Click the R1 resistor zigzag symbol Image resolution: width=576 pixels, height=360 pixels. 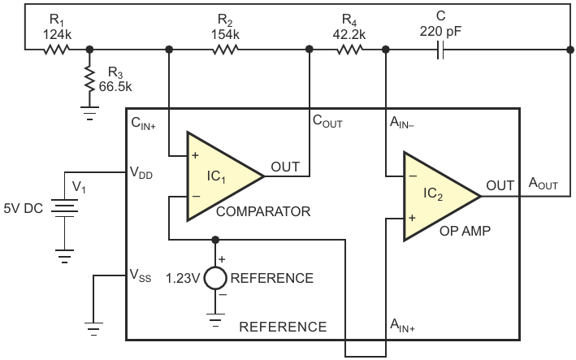(x=57, y=50)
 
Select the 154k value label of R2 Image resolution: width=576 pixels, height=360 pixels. (x=225, y=34)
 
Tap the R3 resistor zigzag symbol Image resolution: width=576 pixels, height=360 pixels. (x=89, y=79)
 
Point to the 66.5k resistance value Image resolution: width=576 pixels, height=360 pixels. (x=115, y=87)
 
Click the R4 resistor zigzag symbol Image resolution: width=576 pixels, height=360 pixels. (x=349, y=50)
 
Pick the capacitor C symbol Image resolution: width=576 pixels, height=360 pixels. (x=440, y=50)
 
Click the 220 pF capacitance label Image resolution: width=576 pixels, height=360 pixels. (x=440, y=32)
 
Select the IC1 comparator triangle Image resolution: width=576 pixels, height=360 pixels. (x=226, y=176)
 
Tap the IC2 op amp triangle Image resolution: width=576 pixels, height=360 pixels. (x=442, y=197)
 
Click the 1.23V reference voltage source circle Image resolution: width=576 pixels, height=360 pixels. (x=215, y=278)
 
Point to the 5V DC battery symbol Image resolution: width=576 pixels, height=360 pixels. (x=65, y=208)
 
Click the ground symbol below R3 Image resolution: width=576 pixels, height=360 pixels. (x=89, y=113)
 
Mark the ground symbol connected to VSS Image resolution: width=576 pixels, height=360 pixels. (x=93, y=329)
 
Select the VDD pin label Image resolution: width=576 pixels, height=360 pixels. (x=141, y=172)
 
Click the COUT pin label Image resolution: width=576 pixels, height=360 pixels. (x=327, y=121)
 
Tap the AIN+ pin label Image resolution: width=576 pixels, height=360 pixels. (x=402, y=326)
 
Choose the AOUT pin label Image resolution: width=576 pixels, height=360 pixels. (x=544, y=184)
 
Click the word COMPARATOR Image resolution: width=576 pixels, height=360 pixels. (x=263, y=211)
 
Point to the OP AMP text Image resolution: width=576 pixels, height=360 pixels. (x=465, y=231)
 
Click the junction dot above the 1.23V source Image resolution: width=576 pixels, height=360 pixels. (x=215, y=240)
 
